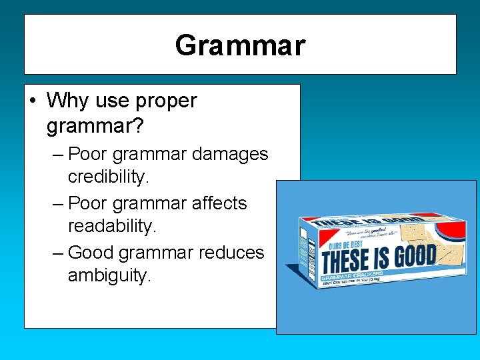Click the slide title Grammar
click(x=240, y=45)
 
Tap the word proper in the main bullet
click(x=166, y=101)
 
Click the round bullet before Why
click(x=33, y=101)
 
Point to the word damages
click(x=229, y=154)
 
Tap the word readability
click(x=112, y=227)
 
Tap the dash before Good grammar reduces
click(x=58, y=253)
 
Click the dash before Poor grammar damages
click(x=58, y=155)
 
